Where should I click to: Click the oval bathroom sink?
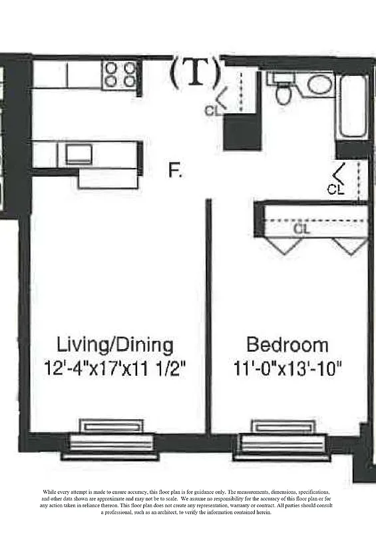[319, 85]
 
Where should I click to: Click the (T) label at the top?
[194, 73]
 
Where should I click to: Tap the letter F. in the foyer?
[175, 171]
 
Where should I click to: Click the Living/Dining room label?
[115, 345]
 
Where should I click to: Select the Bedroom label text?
[287, 345]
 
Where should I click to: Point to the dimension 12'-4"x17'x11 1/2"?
[115, 367]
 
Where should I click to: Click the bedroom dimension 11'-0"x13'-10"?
[287, 367]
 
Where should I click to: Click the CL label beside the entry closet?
[212, 111]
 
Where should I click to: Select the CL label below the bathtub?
[336, 189]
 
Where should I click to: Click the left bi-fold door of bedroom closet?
[285, 245]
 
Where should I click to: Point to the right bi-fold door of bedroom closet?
[350, 245]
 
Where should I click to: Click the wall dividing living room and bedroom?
[208, 313]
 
